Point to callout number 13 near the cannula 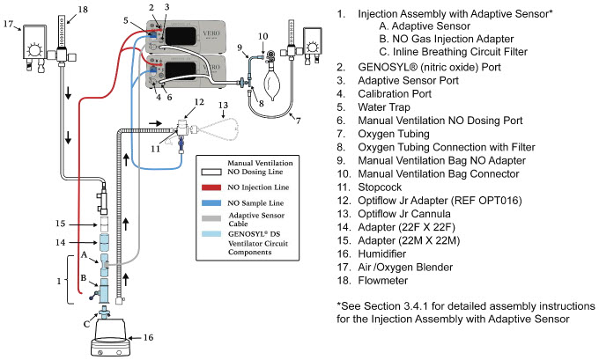coord(226,107)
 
